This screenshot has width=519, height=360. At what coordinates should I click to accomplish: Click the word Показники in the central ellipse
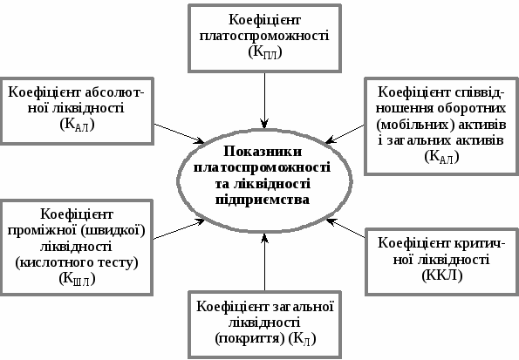(263, 152)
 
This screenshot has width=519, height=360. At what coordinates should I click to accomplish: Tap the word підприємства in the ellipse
(263, 200)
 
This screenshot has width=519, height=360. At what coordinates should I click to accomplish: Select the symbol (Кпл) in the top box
(265, 52)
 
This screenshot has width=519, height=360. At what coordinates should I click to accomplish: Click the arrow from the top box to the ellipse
(264, 100)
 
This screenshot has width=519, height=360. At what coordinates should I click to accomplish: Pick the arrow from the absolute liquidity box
(180, 133)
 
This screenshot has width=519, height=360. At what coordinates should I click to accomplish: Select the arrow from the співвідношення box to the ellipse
(345, 134)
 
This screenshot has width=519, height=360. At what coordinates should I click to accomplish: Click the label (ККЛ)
(442, 275)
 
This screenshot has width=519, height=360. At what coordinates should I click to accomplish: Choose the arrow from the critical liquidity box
(345, 228)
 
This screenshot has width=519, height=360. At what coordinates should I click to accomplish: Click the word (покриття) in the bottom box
(249, 339)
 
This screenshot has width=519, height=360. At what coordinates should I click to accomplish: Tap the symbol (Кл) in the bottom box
(302, 339)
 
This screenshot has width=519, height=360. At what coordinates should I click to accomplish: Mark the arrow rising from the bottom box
(264, 262)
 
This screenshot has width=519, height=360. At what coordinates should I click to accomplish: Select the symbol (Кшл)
(77, 279)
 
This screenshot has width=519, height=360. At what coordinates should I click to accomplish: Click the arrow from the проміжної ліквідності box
(180, 228)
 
